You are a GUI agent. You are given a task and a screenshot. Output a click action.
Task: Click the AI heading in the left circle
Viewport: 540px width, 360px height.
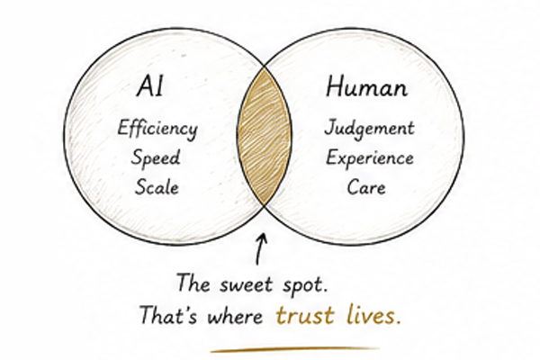149,86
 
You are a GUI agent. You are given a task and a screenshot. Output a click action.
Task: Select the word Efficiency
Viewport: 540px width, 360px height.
157,129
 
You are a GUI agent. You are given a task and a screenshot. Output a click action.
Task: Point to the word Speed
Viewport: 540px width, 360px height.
156,158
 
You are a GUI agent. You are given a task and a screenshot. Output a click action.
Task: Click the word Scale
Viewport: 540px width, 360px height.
157,187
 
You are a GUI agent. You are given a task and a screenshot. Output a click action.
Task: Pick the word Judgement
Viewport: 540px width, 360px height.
369,129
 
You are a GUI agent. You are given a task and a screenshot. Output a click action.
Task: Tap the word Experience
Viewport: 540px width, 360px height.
370,158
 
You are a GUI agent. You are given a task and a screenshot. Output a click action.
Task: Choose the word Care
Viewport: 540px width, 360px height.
366,187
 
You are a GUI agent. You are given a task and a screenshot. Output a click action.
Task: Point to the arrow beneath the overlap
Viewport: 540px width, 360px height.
260,249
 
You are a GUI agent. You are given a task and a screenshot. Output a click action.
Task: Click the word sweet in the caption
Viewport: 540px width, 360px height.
246,284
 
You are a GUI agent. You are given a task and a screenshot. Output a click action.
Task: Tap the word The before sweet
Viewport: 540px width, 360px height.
193,283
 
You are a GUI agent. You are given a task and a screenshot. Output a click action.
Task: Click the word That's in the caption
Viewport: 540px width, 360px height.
168,315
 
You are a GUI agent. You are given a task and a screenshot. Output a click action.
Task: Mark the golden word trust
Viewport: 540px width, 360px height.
305,316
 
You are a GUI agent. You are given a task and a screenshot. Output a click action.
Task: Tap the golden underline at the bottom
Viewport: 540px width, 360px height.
295,349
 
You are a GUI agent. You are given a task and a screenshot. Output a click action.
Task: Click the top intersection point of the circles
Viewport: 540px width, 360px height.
264,67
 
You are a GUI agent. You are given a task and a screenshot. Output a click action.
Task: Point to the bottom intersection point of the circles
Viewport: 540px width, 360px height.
264,206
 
